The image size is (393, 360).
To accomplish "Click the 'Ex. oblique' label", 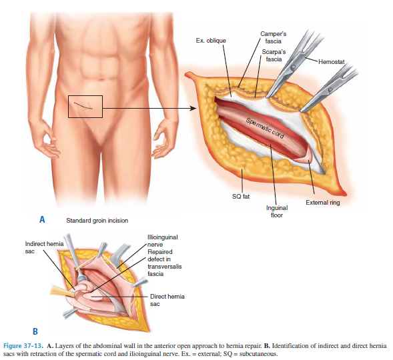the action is [211, 41].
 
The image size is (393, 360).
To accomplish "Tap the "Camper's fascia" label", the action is [273, 37].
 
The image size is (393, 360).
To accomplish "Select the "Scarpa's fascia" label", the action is [274, 55].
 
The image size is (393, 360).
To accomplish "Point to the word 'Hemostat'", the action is [332, 61].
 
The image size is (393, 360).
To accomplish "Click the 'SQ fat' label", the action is [241, 196].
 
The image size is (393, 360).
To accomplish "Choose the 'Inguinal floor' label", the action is [277, 211].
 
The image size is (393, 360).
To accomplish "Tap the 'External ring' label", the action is [322, 202].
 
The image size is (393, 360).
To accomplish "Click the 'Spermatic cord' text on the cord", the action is [265, 128].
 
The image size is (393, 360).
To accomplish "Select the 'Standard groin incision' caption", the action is [97, 220].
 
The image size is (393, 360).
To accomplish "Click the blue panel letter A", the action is [42, 219].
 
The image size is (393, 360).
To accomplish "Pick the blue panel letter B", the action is [35, 331].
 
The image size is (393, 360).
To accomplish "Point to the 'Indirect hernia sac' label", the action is [44, 247].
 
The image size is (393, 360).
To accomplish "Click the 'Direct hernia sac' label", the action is [167, 300].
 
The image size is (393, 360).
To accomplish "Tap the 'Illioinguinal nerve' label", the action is [162, 241].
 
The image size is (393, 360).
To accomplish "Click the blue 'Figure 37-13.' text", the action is [23, 346].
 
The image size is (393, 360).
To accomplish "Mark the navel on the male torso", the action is [101, 79].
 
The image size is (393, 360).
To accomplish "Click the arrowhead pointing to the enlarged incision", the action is [193, 109].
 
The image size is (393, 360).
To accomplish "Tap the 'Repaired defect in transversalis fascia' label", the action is [164, 263].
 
